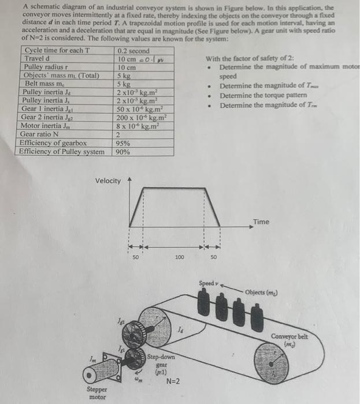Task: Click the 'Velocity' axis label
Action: point(108,181)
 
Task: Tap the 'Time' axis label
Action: point(261,222)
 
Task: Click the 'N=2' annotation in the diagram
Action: point(173,381)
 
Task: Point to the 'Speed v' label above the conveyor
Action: point(207,283)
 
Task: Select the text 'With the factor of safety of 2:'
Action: point(250,59)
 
